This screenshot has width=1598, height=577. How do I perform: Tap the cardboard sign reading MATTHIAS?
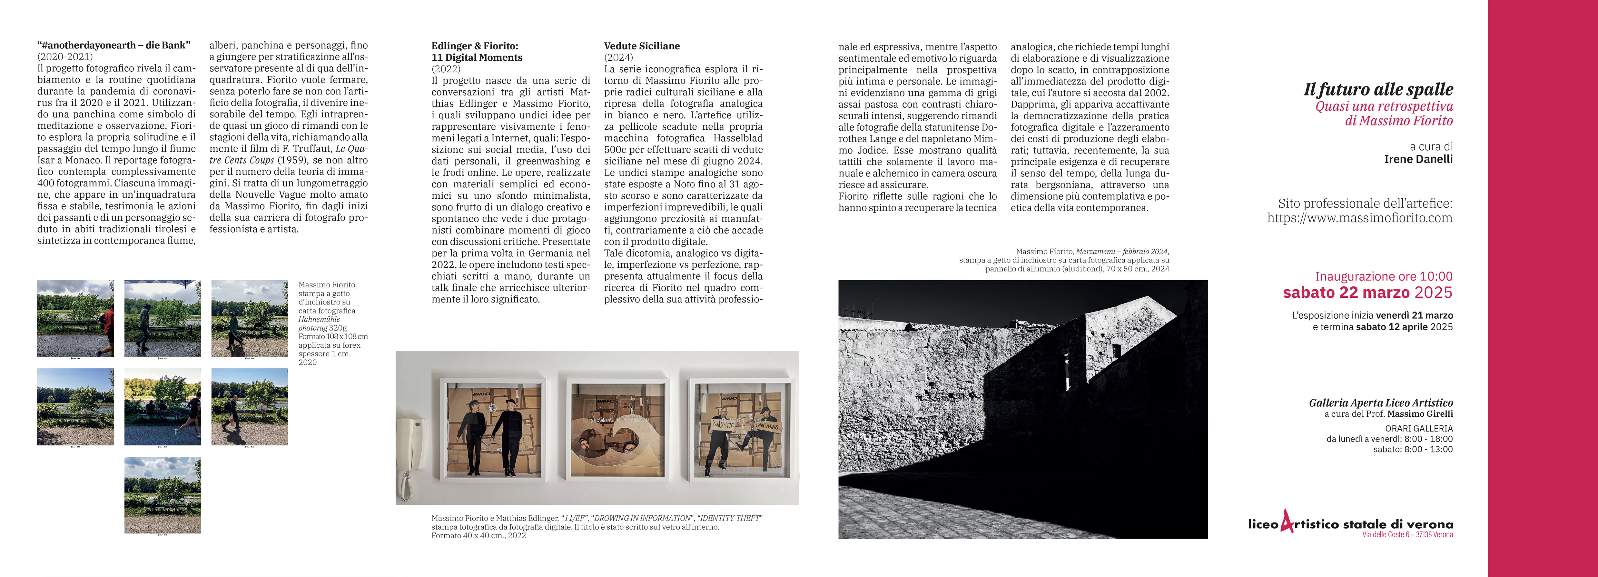(766, 427)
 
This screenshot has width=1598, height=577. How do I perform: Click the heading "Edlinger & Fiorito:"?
(475, 46)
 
